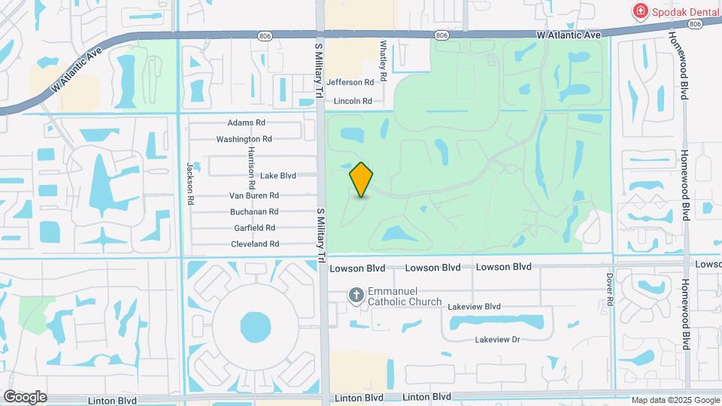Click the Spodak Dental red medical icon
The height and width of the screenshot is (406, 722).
pyautogui.click(x=640, y=11)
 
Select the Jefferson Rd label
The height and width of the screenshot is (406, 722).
pyautogui.click(x=350, y=83)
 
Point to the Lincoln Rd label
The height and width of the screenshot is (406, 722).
pyautogui.click(x=353, y=101)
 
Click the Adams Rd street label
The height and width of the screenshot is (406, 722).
pyautogui.click(x=246, y=123)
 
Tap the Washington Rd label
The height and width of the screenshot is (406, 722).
pyautogui.click(x=244, y=139)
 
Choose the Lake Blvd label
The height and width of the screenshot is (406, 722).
pyautogui.click(x=278, y=176)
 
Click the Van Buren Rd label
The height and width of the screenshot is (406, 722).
pyautogui.click(x=254, y=195)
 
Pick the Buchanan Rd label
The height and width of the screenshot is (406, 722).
pyautogui.click(x=254, y=212)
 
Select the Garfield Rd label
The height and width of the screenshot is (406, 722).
pyautogui.click(x=254, y=228)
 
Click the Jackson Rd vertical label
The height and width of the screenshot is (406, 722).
pyautogui.click(x=191, y=183)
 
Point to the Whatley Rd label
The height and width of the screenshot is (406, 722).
pyautogui.click(x=384, y=61)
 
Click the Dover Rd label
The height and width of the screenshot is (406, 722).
pyautogui.click(x=610, y=288)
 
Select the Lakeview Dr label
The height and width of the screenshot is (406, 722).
pyautogui.click(x=497, y=340)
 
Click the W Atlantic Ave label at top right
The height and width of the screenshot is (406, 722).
pyautogui.click(x=569, y=35)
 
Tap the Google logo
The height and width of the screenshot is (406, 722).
pyautogui.click(x=25, y=397)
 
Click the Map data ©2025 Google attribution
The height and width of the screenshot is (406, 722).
pyautogui.click(x=675, y=400)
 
